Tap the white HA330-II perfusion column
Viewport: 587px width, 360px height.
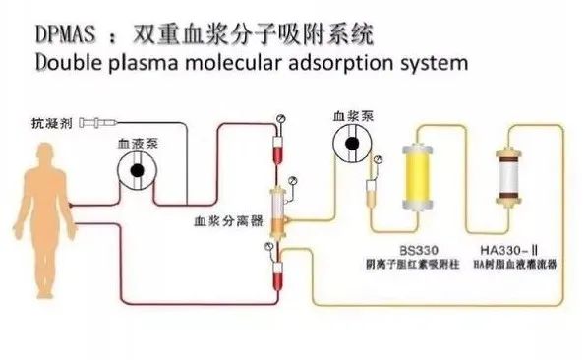pos(510,181)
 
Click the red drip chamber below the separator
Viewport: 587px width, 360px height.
pos(278,269)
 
